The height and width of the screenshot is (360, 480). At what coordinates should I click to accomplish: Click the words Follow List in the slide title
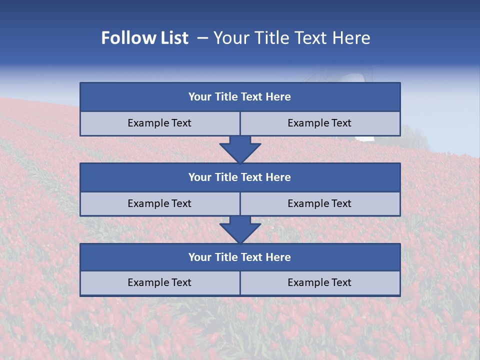tap(144, 38)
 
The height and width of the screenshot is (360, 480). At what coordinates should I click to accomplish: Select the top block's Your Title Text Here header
tap(239, 97)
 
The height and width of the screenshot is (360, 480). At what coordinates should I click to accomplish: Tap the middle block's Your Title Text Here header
tap(239, 177)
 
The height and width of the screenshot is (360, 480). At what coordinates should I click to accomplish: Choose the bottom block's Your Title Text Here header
tap(239, 257)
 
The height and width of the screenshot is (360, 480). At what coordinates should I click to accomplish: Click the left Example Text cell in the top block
tap(159, 123)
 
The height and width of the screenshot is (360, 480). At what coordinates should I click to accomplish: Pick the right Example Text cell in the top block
tap(319, 123)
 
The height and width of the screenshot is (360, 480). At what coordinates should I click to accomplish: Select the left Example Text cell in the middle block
tap(159, 204)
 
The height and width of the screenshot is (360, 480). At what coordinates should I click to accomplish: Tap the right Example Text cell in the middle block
tap(319, 204)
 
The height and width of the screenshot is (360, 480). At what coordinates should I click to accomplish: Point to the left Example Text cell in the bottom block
tap(159, 283)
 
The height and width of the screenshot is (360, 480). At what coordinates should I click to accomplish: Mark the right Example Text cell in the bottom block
tap(319, 283)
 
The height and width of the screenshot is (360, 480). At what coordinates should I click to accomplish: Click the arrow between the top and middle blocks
tap(240, 149)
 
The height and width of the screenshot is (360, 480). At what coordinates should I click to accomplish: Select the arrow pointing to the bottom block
tap(240, 230)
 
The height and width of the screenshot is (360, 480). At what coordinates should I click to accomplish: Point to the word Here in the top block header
tap(278, 97)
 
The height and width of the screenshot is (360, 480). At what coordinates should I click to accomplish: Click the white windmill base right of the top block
tap(364, 138)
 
